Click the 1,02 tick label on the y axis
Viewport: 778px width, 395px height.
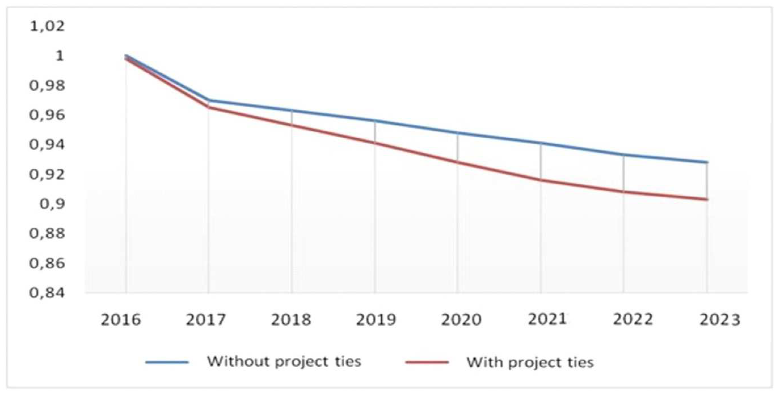[47, 26]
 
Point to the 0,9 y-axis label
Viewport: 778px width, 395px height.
[52, 204]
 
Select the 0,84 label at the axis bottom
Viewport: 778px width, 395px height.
[47, 293]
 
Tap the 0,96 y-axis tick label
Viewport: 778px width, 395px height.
[47, 115]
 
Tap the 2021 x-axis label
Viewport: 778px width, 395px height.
[547, 319]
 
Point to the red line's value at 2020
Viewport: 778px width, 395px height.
[458, 162]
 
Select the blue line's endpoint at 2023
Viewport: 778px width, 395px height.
[707, 162]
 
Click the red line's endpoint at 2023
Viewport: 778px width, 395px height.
[707, 199]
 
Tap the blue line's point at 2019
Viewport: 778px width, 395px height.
[375, 121]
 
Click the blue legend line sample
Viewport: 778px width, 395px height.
[167, 362]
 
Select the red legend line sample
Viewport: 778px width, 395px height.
[427, 362]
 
